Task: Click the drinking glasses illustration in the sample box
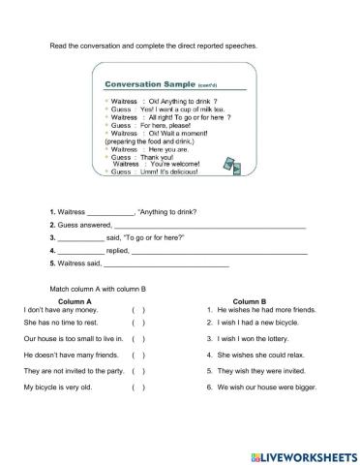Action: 231,162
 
